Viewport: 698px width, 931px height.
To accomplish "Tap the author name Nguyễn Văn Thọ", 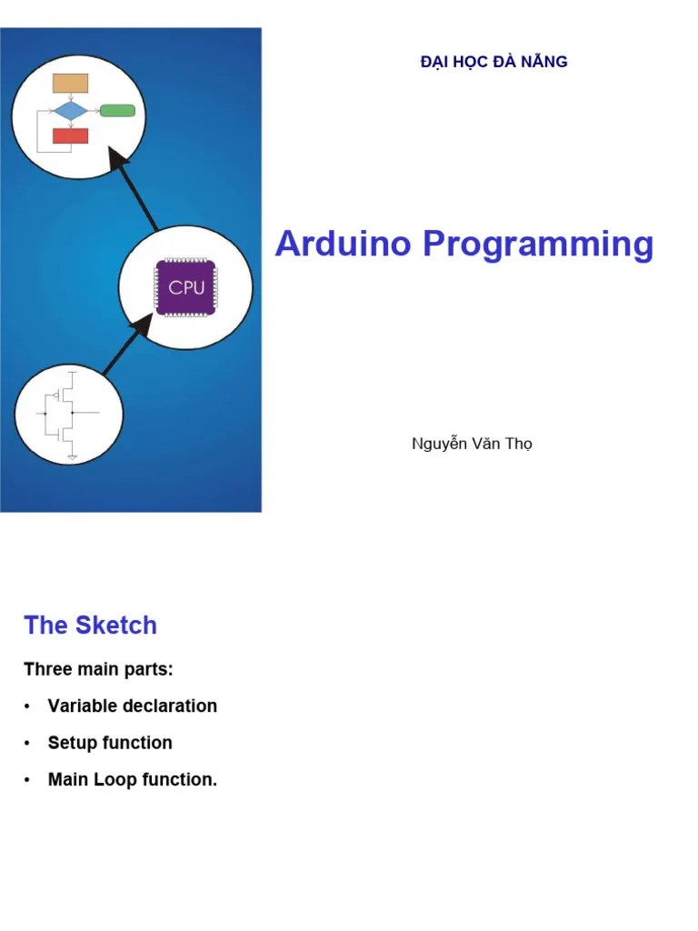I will [x=472, y=445].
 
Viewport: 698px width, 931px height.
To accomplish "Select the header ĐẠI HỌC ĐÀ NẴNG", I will [x=494, y=62].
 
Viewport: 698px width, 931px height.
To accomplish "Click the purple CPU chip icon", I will [x=186, y=287].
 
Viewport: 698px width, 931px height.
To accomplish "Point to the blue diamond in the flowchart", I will [x=70, y=111].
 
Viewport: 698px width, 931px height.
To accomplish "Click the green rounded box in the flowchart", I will [x=117, y=111].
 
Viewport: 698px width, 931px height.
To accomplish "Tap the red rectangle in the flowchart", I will [x=70, y=136].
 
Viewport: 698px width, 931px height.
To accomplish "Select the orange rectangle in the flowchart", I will [x=70, y=83].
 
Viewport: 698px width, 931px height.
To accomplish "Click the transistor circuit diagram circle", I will [x=68, y=415].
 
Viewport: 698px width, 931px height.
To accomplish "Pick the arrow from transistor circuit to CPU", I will [x=124, y=346].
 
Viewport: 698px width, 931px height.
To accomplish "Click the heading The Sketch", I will [x=90, y=626].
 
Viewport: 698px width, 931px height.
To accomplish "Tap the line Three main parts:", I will [x=98, y=670].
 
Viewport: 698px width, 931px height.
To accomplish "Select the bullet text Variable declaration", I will [x=132, y=706].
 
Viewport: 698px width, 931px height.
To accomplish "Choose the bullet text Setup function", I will [x=110, y=743].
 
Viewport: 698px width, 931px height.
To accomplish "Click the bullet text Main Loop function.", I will [x=132, y=780].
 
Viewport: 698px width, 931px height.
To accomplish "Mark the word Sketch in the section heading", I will [x=116, y=626].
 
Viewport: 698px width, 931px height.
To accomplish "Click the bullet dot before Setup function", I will [x=28, y=744].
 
